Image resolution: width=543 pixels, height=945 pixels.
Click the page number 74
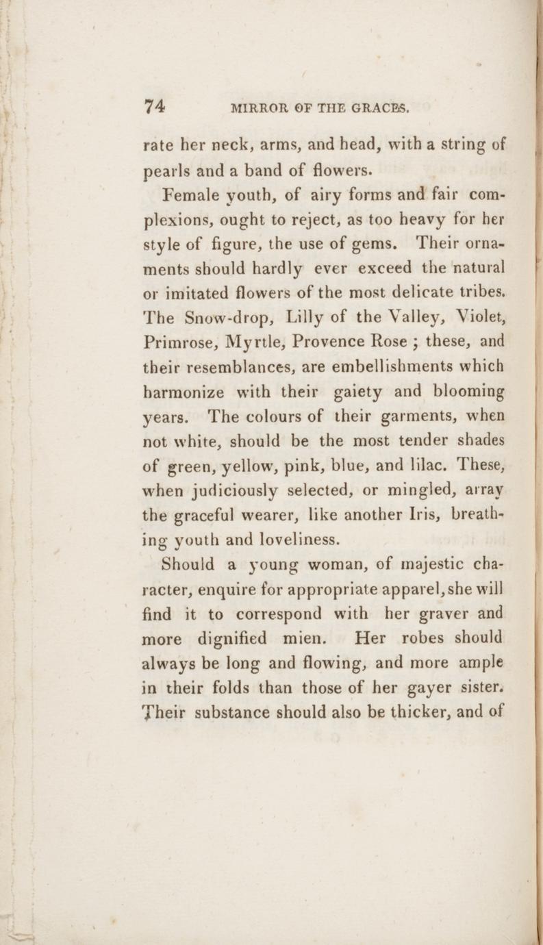[x=155, y=106]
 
